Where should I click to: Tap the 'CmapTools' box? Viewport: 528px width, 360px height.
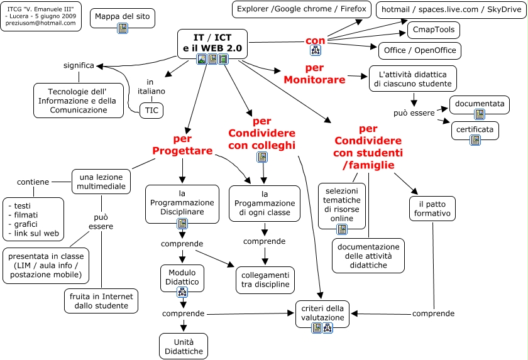click(434, 30)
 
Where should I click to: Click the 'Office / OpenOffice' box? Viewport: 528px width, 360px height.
click(420, 51)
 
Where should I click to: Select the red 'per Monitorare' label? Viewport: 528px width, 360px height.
click(314, 74)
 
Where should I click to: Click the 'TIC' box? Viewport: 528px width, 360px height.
click(152, 109)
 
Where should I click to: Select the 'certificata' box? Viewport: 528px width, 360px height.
click(475, 131)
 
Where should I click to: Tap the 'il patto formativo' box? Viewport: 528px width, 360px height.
click(432, 209)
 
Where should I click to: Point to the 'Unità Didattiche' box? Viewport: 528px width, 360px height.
click(184, 346)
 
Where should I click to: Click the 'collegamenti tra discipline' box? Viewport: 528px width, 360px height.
click(265, 280)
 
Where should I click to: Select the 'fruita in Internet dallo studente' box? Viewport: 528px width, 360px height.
click(101, 301)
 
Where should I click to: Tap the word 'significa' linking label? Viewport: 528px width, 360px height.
click(79, 65)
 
